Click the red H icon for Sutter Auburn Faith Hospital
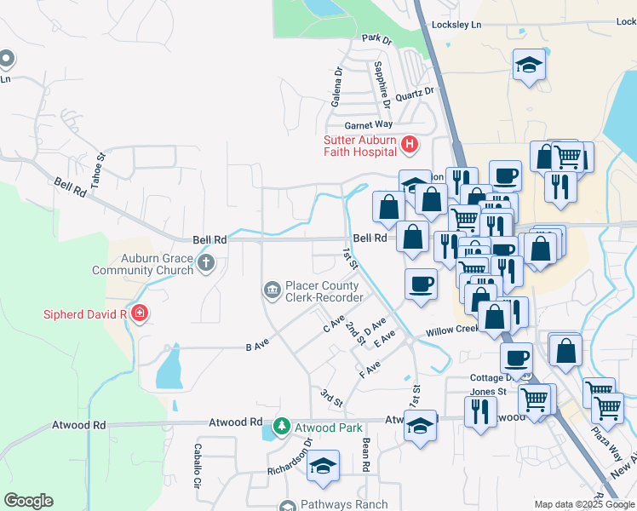point(409,145)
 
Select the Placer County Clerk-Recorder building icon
point(272,291)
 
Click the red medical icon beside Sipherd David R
point(139,314)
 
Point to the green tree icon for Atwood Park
point(281,427)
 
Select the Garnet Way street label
point(344,124)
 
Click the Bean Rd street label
point(365,456)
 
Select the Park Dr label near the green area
point(376,38)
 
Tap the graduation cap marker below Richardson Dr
point(323,465)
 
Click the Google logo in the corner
point(28,501)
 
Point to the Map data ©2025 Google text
point(583,504)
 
